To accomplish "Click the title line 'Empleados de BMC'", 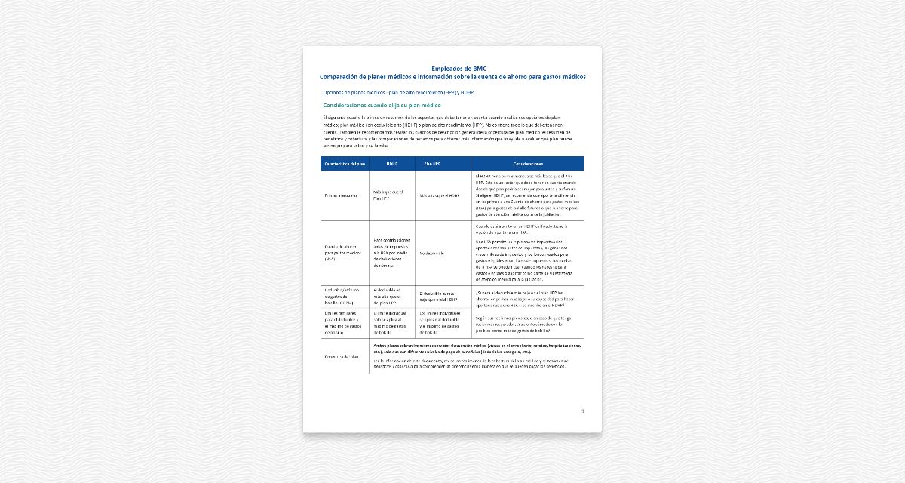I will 452,69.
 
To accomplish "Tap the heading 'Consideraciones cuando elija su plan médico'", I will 382,106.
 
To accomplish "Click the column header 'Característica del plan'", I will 345,163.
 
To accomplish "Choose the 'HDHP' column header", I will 391,163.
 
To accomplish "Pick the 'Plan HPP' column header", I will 432,163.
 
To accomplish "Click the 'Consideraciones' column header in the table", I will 528,163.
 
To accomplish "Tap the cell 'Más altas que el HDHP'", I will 439,195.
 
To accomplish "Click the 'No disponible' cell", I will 431,253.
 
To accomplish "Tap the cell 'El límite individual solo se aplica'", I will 392,321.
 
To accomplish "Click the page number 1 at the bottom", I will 583,411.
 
